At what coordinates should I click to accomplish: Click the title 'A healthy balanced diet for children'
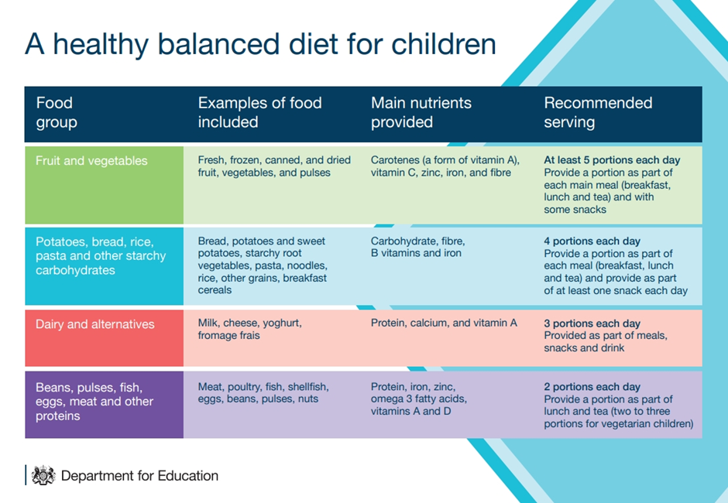[x=260, y=44]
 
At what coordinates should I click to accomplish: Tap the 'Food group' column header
[x=57, y=112]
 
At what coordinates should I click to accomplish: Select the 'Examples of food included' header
[x=259, y=112]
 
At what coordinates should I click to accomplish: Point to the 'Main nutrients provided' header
[x=421, y=112]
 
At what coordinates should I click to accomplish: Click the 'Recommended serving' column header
[x=598, y=112]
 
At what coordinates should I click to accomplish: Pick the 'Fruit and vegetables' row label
[x=91, y=161]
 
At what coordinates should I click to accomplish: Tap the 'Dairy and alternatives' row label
[x=95, y=324]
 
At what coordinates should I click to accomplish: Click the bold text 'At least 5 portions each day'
[x=612, y=160]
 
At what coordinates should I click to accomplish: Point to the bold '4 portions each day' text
[x=592, y=241]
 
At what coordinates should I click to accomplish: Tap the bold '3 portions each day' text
[x=592, y=323]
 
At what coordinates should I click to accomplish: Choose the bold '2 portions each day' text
[x=592, y=387]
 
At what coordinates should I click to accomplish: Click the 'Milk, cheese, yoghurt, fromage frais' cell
[x=249, y=330]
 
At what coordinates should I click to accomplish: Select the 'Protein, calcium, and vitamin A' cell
[x=444, y=323]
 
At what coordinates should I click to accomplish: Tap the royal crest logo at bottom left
[x=43, y=475]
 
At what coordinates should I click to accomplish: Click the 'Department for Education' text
[x=139, y=476]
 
